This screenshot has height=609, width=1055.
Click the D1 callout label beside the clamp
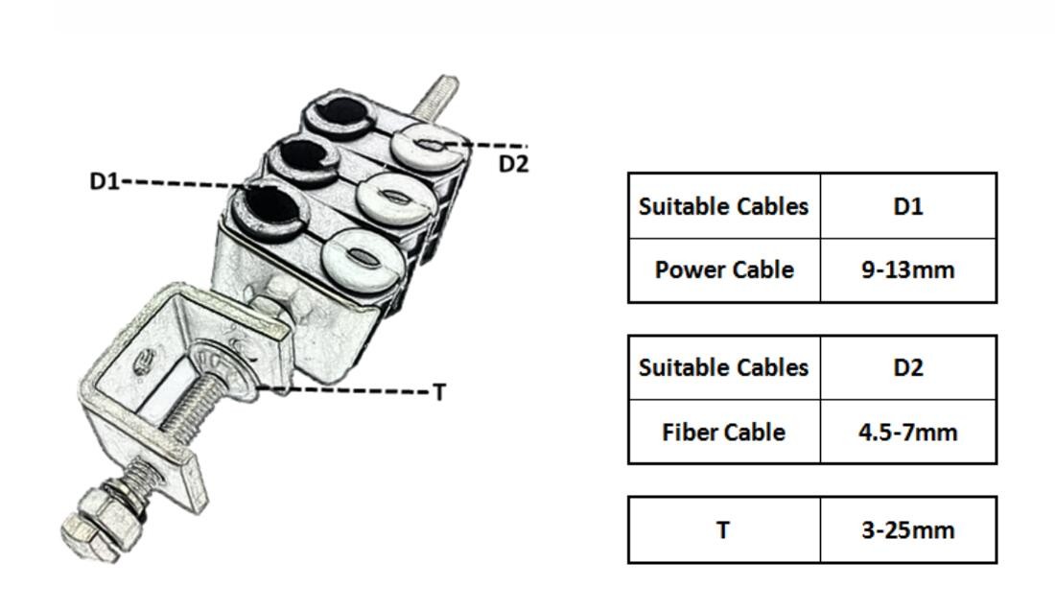pos(104,180)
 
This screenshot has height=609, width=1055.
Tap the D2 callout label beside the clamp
pos(513,164)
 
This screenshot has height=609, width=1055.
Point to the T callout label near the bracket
pos(439,391)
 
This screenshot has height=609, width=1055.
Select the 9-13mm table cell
pos(907,269)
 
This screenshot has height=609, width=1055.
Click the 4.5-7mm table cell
pos(907,432)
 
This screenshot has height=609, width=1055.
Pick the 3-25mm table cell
pos(907,529)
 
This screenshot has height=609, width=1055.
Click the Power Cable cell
pos(724,269)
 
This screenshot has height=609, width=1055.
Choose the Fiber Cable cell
pos(724,432)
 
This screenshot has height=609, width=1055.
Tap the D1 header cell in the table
pos(907,206)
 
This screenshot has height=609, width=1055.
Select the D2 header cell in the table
pos(907,367)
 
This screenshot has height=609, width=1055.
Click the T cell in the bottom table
pos(724,529)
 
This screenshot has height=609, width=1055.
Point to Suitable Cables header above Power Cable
pos(724,206)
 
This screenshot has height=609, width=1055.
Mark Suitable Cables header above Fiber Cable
pos(724,367)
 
